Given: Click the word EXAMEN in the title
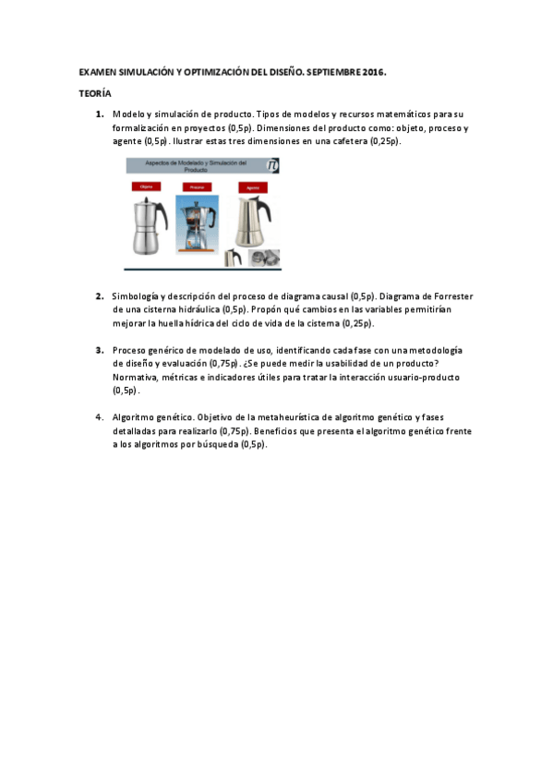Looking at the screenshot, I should [95, 72].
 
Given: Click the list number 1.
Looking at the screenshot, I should [99, 114].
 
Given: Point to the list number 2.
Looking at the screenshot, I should [99, 296].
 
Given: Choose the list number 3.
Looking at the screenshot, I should [99, 351].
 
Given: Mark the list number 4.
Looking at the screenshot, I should [99, 417].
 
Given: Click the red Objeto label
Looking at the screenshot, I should [145, 187].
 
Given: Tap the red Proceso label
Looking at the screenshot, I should [196, 187].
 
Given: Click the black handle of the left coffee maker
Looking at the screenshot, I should [164, 220].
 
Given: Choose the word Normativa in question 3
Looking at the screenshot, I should [136, 378].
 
